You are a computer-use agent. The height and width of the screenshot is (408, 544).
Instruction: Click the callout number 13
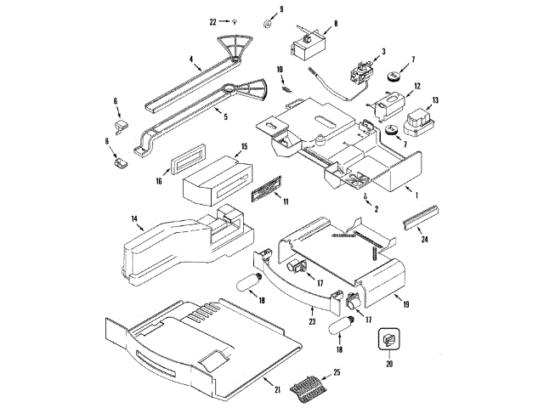[435, 100]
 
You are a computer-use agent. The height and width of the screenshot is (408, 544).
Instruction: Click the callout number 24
[425, 239]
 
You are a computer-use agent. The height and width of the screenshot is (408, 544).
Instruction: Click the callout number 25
[337, 372]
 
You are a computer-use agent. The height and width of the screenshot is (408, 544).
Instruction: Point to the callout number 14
[135, 219]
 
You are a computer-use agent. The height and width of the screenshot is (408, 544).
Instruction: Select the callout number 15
[244, 147]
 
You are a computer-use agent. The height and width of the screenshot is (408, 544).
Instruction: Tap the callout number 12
[417, 86]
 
